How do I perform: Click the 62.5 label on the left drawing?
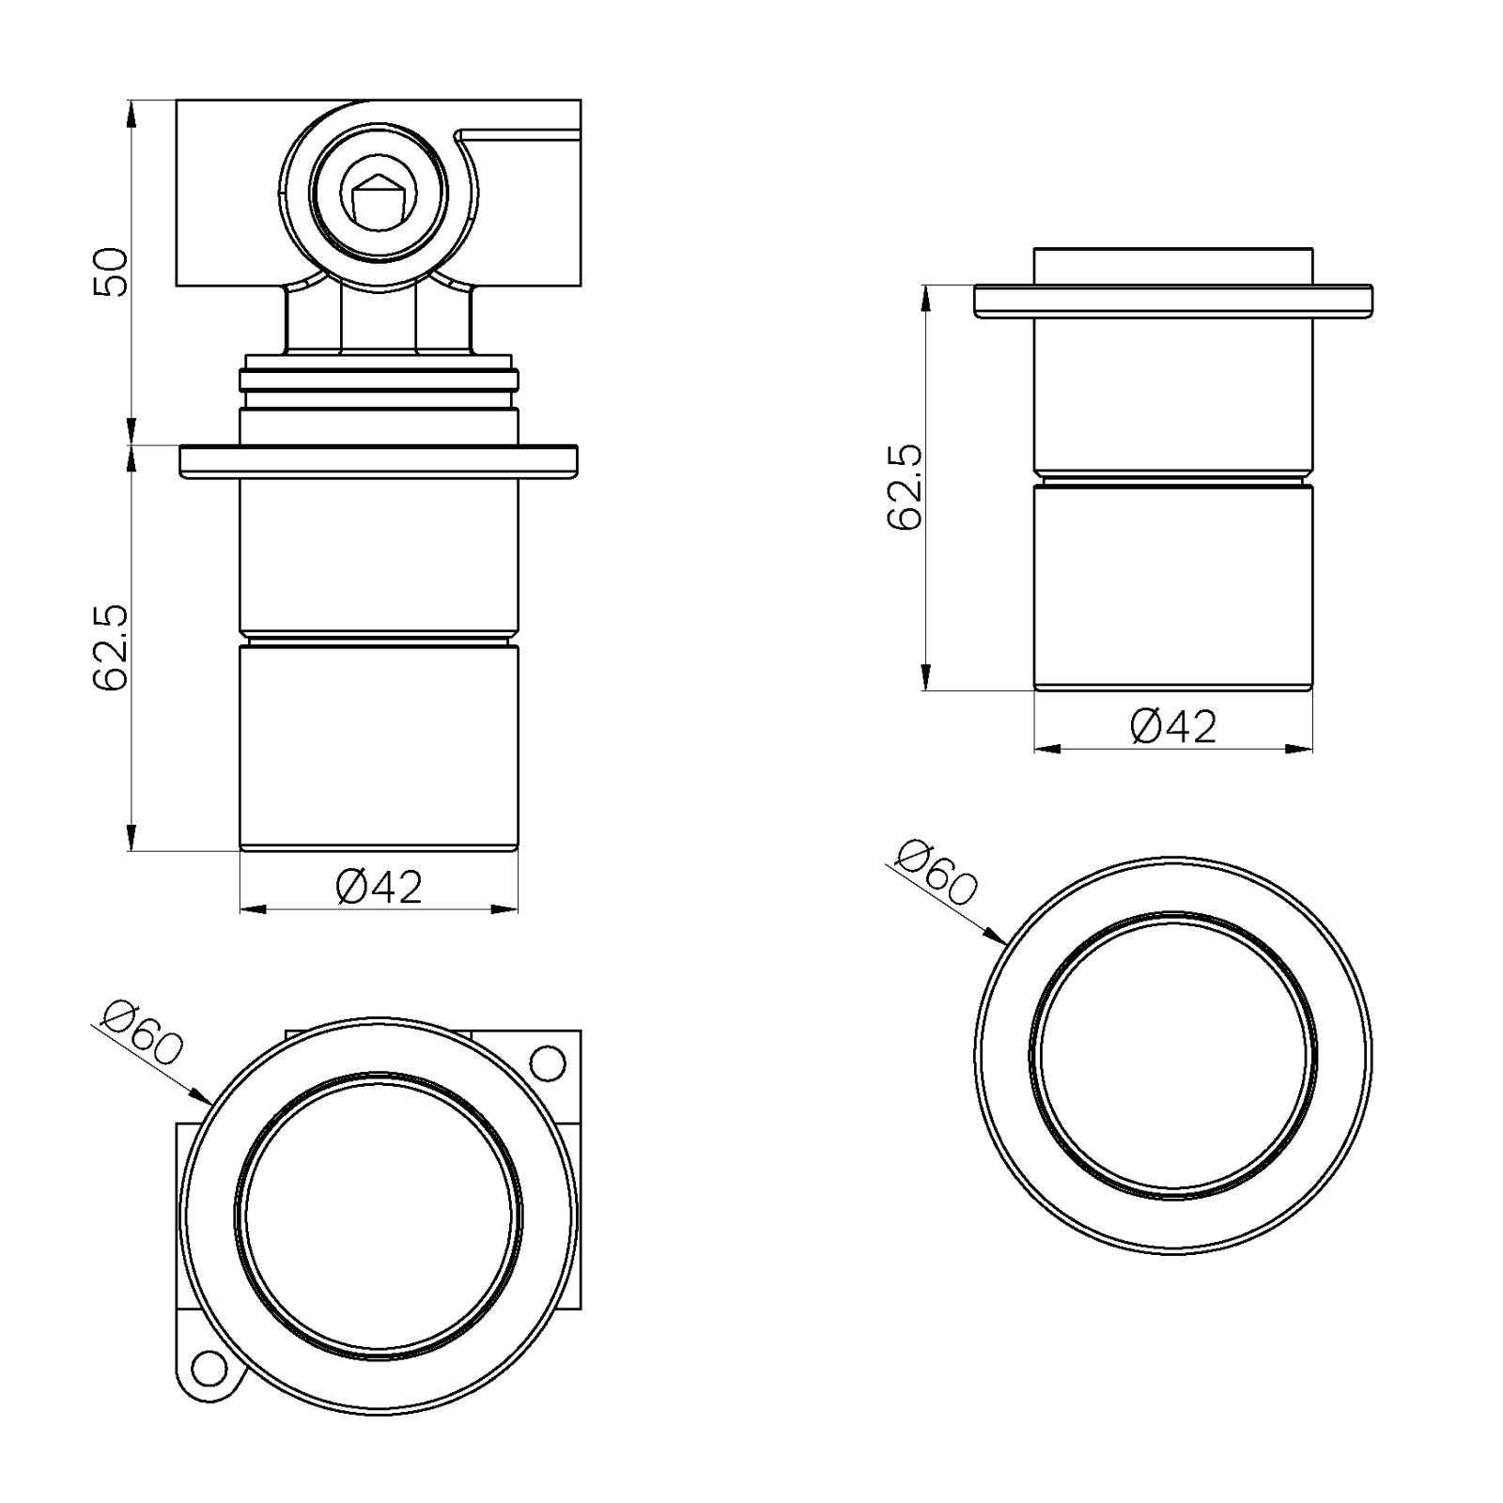click(x=111, y=648)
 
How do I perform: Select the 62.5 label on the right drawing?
click(x=906, y=488)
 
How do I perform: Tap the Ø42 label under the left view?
click(x=380, y=887)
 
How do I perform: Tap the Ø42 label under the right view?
click(x=1174, y=727)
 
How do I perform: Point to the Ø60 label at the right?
click(x=937, y=874)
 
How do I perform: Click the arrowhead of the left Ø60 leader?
click(x=201, y=1097)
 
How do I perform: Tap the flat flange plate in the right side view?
click(x=1173, y=300)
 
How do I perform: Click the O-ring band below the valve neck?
click(x=379, y=380)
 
